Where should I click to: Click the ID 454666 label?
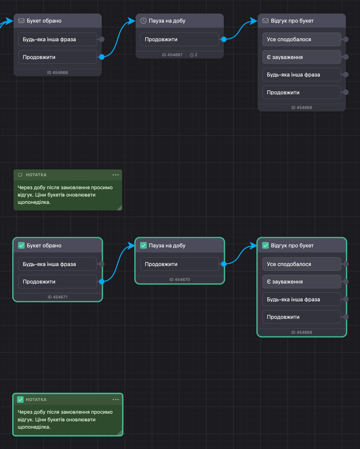57,73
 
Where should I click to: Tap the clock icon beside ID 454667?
192,55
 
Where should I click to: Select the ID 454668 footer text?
302,108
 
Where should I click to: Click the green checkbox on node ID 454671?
21,245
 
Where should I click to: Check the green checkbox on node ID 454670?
143,245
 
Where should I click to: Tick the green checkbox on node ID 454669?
265,245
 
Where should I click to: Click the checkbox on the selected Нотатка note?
20,400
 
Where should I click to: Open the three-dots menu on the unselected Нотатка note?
116,175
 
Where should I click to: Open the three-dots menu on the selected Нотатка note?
116,400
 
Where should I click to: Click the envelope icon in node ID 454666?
21,21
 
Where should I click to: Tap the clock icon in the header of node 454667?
143,21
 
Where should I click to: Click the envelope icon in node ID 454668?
265,21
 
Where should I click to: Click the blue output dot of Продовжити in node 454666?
102,57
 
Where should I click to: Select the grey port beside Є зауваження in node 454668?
346,57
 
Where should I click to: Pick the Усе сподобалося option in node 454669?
302,264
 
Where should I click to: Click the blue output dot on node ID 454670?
224,264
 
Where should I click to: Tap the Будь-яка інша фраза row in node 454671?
57,264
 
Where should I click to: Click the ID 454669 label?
302,332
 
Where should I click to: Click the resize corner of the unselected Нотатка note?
120,208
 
